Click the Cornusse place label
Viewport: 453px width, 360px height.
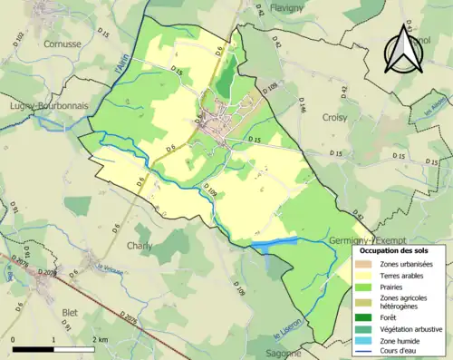pos(43,42)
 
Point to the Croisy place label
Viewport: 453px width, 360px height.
pos(336,118)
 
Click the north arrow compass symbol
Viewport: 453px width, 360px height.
pos(404,50)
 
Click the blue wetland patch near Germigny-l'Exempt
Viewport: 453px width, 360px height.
pos(274,244)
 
